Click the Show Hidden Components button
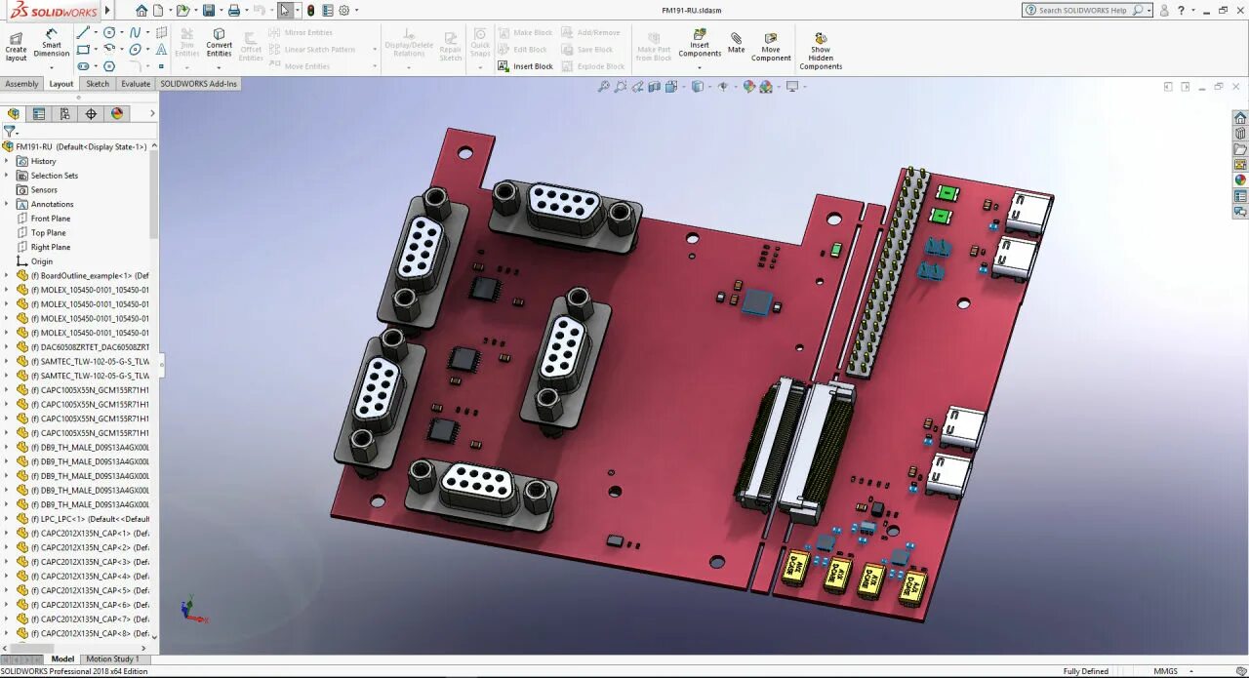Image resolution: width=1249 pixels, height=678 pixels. point(821,50)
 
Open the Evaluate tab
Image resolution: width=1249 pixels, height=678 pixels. point(136,84)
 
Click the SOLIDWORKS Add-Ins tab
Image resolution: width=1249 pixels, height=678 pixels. point(199,84)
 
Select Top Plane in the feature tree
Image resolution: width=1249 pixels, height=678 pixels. point(48,232)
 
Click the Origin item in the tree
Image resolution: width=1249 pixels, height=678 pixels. point(41,261)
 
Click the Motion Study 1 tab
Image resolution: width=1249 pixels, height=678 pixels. point(112,659)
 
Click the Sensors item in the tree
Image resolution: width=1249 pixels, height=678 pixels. point(44,189)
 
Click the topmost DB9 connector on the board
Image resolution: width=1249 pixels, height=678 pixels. point(563,208)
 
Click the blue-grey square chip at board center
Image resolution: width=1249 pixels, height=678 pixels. point(757,300)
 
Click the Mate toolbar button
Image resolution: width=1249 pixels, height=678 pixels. point(736,42)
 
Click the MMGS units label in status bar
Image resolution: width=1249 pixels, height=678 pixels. point(1165,671)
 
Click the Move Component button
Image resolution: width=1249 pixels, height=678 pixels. point(771,46)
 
